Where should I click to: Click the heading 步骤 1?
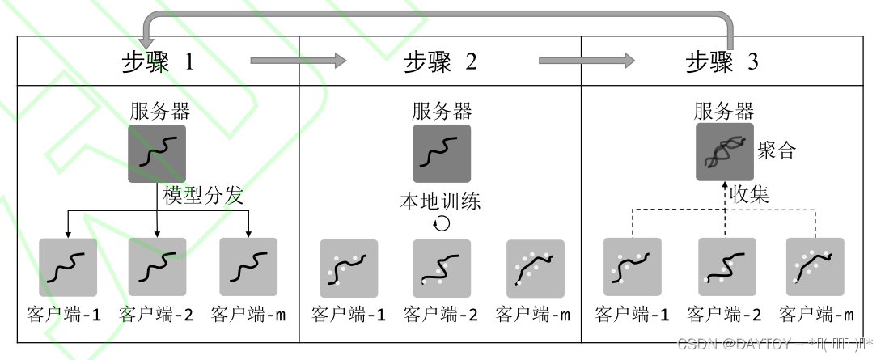tap(157, 62)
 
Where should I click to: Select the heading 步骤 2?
tap(440, 62)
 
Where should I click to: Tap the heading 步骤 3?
tap(722, 62)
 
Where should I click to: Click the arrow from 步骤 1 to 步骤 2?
tap(298, 60)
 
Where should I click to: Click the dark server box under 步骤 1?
tap(157, 153)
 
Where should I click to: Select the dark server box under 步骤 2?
tap(442, 153)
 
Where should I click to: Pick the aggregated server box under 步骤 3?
tap(724, 152)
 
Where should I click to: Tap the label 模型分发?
tap(203, 196)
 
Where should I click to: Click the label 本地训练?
tap(441, 201)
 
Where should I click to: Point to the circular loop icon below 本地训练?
tap(442, 223)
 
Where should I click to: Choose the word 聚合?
tap(777, 150)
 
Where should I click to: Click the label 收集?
tap(750, 195)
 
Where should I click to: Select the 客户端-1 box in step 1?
tap(68, 266)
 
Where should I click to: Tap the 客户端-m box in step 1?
tap(248, 266)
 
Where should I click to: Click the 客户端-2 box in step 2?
tap(442, 268)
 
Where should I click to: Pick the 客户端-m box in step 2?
tap(535, 268)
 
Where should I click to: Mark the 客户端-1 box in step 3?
tap(632, 266)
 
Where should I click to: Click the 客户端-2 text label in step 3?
tap(724, 315)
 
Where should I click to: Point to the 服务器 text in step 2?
tap(442, 111)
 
